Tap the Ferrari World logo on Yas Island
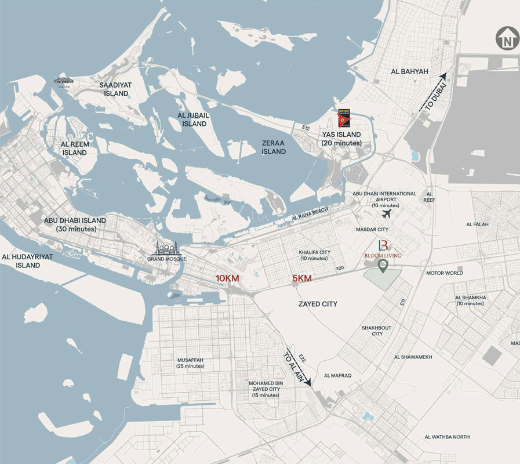pos(344,119)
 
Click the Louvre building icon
pos(64,82)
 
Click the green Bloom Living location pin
pos(383,266)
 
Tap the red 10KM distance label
pos(227,278)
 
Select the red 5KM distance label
pos(301,278)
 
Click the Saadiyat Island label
pos(115,89)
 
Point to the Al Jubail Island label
pos(192,119)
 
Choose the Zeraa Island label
pos(273,147)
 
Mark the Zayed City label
pos(318,304)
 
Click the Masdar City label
pos(372,230)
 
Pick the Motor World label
pos(445,273)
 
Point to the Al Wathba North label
pos(447,437)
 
